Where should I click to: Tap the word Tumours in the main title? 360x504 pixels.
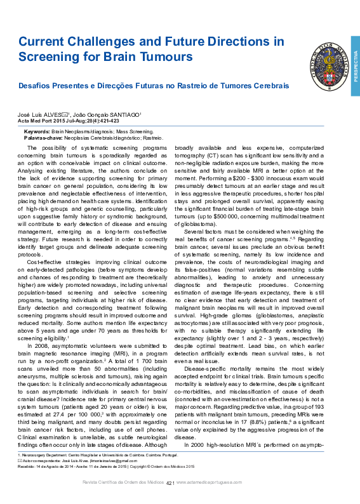[x=166, y=56]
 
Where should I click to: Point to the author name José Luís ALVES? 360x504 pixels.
[x=41, y=114]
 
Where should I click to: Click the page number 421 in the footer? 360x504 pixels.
[x=170, y=482]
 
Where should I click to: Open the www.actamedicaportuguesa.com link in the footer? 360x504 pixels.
[x=208, y=482]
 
